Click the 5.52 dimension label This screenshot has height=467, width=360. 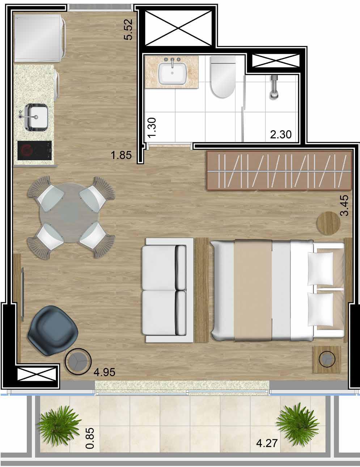click(x=128, y=30)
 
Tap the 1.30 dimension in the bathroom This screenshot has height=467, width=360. click(x=152, y=127)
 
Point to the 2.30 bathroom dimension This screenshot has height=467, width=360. click(x=281, y=134)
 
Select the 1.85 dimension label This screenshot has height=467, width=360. click(x=121, y=155)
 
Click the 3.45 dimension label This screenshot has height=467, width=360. click(x=344, y=205)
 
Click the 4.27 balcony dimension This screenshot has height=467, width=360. click(x=267, y=443)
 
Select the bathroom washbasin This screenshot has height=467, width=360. click(x=172, y=73)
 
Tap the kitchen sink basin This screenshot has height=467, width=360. click(x=36, y=117)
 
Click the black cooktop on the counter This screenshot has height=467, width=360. click(x=35, y=150)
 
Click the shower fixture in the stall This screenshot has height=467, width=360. click(x=274, y=87)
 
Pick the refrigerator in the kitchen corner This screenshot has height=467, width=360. click(x=40, y=38)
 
